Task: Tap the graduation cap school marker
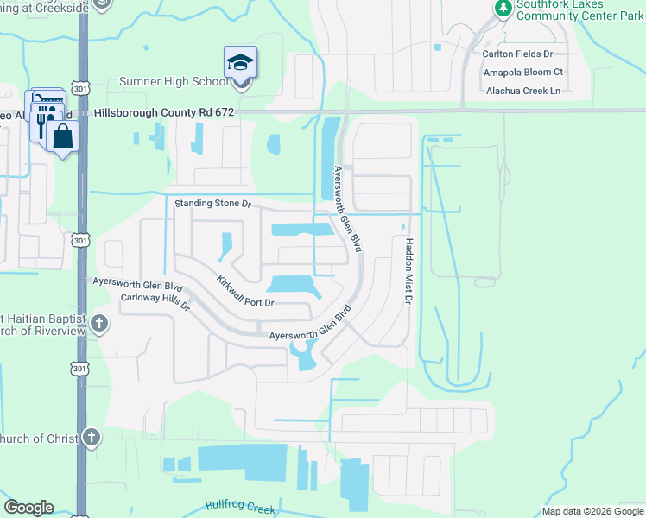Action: [x=240, y=63]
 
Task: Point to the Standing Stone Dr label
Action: [x=212, y=205]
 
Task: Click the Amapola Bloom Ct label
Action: [x=522, y=72]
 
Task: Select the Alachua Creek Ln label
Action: [x=522, y=90]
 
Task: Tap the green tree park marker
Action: [x=503, y=8]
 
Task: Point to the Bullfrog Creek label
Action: [x=240, y=507]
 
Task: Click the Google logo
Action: [x=28, y=508]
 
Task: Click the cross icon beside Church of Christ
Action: [x=91, y=438]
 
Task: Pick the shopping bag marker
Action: [x=63, y=136]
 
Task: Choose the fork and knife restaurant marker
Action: [x=41, y=125]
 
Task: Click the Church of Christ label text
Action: [x=39, y=439]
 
